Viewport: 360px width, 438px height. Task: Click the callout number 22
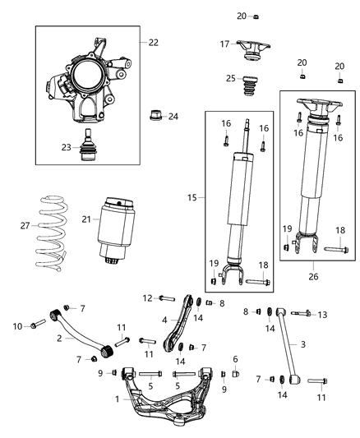[x=153, y=41]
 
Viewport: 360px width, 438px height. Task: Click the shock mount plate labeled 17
[x=247, y=48]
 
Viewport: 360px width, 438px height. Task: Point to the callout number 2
[x=59, y=338]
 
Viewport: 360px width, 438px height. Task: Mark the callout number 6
[x=235, y=358]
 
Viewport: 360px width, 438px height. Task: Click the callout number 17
[x=224, y=44]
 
